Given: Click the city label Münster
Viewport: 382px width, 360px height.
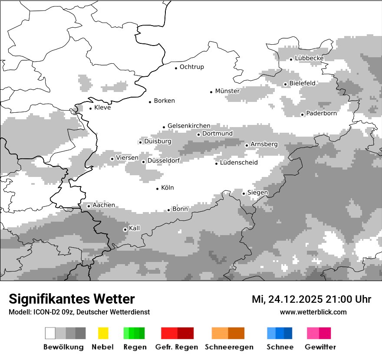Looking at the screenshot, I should tap(227, 91).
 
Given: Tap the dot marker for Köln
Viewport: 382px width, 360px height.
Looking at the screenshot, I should tap(158, 189).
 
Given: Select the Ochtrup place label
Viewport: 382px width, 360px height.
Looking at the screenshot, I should tap(192, 67).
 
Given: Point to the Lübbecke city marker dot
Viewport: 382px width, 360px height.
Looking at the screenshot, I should tap(291, 59).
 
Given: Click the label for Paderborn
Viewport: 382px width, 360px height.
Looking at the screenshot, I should tap(322, 114).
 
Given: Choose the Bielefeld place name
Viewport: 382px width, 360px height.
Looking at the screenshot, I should tap(303, 83).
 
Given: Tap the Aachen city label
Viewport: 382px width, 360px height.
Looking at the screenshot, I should tap(104, 205).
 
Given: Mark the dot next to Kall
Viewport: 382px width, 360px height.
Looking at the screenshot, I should tap(125, 229).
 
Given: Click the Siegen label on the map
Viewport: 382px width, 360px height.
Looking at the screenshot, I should tap(258, 193).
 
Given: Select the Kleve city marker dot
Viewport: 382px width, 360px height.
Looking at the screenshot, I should tap(91, 108).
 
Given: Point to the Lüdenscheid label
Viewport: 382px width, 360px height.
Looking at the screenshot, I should tap(239, 163).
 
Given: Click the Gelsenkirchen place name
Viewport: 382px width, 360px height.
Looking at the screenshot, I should tap(189, 126).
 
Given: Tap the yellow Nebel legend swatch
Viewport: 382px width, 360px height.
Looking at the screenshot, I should tap(103, 333).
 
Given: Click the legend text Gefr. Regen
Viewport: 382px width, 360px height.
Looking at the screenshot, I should tap(177, 347).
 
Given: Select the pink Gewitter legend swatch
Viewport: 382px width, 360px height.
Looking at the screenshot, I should tap(313, 333).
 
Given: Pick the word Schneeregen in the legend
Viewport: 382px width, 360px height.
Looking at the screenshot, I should tap(229, 347).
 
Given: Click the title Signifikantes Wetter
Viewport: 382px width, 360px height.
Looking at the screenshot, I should tap(72, 299).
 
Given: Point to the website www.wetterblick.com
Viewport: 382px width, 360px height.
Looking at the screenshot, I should tap(313, 312).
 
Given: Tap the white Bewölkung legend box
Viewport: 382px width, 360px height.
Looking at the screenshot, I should tap(50, 333).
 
